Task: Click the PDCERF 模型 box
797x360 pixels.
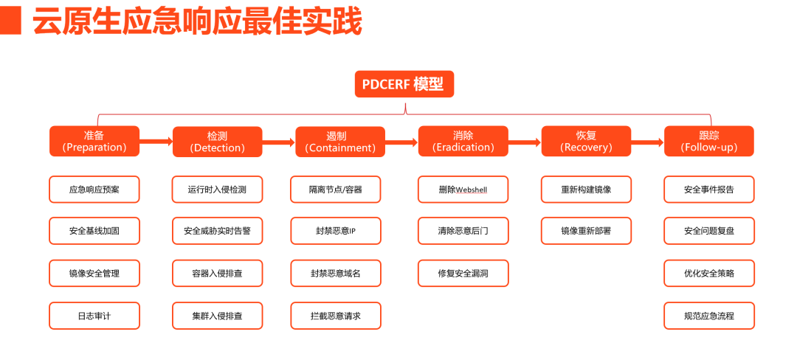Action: (404, 84)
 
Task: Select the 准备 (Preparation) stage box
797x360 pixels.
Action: (94, 141)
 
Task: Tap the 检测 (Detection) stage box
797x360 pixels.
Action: (218, 142)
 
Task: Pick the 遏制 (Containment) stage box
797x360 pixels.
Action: (340, 142)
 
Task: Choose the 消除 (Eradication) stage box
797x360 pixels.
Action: (463, 141)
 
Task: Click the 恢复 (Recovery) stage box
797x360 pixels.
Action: (586, 141)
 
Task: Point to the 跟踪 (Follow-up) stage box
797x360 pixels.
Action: (709, 141)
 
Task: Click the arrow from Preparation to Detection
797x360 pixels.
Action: (156, 142)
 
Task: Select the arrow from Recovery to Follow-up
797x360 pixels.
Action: (648, 142)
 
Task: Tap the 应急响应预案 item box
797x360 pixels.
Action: (94, 190)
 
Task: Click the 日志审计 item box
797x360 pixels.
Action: (94, 316)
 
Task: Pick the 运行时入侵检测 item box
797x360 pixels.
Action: (218, 190)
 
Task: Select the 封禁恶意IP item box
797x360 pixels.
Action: (336, 231)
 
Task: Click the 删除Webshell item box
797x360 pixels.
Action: (463, 190)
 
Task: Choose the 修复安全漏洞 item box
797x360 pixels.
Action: (463, 273)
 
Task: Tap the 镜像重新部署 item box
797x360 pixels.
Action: (586, 231)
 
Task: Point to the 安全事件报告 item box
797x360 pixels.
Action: (709, 190)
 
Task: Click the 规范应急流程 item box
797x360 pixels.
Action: (709, 316)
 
